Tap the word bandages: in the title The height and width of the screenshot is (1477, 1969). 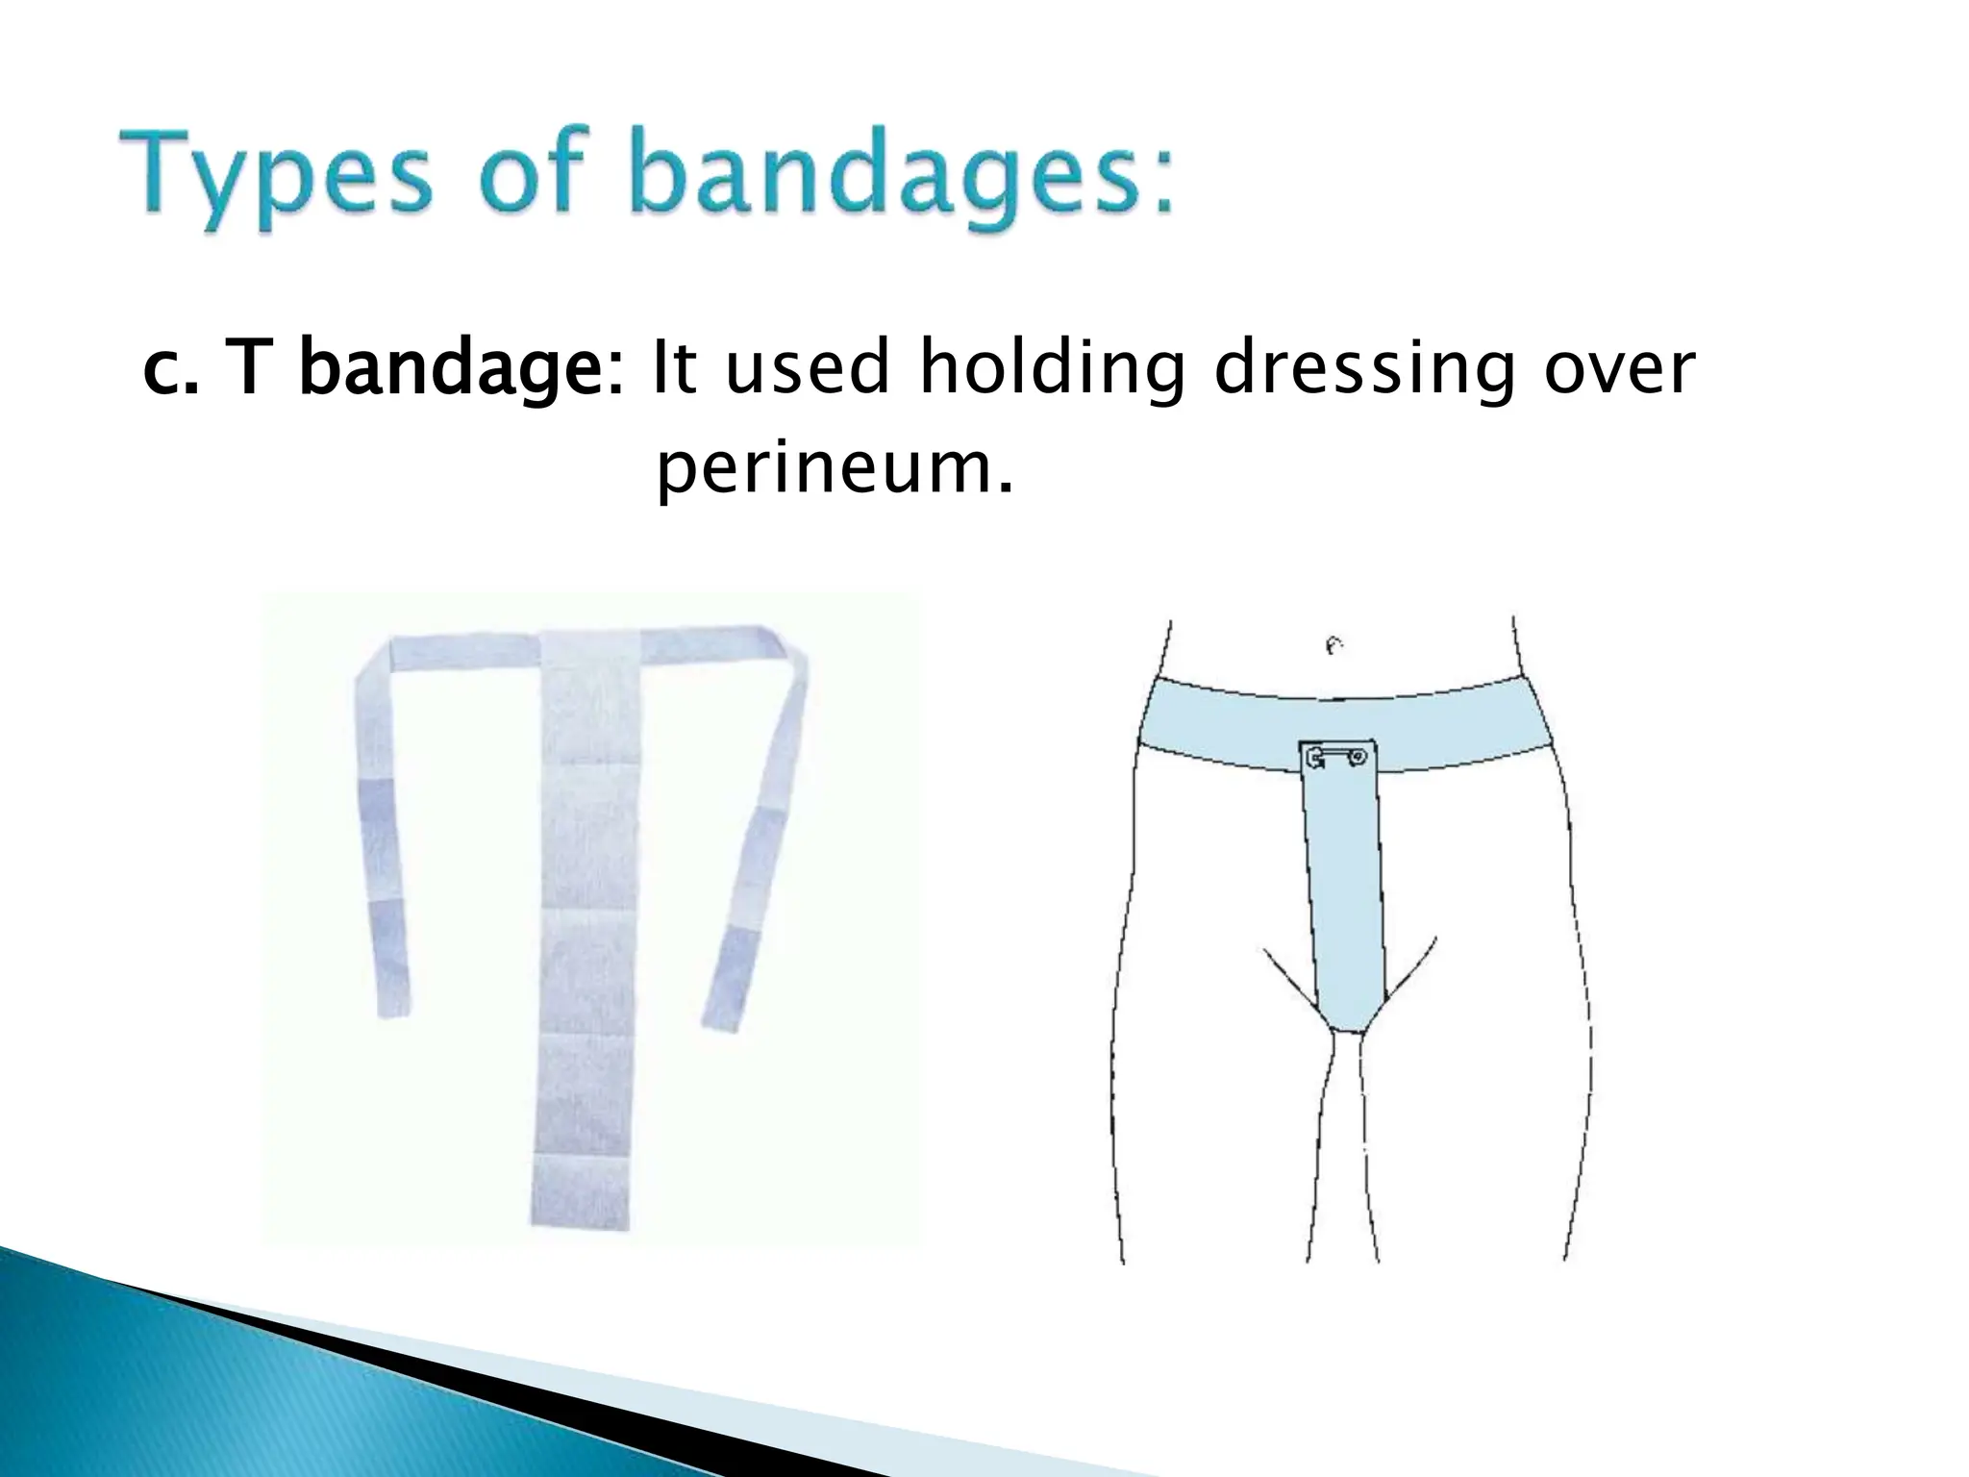903,178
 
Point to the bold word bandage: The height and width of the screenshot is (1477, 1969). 461,370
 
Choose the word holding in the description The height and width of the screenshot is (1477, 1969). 1052,370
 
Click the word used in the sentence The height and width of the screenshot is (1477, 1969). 808,370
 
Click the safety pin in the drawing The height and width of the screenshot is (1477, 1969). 1336,759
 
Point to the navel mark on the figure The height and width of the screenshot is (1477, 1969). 1334,647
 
